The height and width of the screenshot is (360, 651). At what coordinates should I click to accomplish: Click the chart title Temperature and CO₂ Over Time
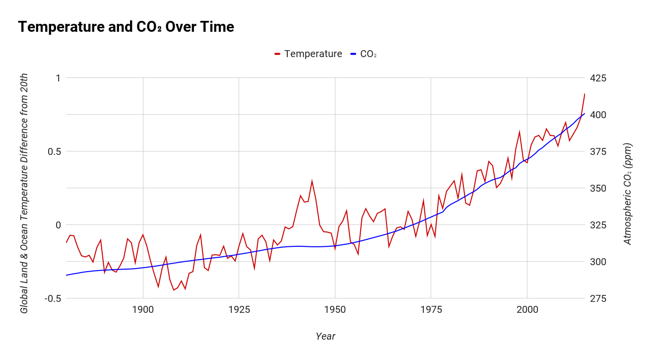pyautogui.click(x=126, y=27)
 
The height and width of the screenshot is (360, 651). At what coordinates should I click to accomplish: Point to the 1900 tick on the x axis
pyautogui.click(x=143, y=310)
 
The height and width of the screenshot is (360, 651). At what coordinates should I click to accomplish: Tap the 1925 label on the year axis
pyautogui.click(x=239, y=310)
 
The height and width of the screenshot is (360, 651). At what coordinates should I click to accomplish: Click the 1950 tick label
pyautogui.click(x=335, y=310)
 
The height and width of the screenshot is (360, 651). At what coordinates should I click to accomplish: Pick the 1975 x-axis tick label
pyautogui.click(x=431, y=310)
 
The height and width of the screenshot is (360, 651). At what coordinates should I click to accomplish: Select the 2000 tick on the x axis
pyautogui.click(x=527, y=310)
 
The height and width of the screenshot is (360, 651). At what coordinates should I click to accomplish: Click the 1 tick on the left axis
pyautogui.click(x=58, y=78)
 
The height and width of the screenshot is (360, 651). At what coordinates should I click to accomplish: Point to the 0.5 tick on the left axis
pyautogui.click(x=53, y=151)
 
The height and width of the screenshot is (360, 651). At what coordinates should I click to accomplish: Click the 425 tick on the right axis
pyautogui.click(x=598, y=78)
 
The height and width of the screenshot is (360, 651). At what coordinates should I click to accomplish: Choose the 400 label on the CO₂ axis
pyautogui.click(x=598, y=115)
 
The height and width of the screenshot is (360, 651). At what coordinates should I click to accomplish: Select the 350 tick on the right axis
pyautogui.click(x=598, y=188)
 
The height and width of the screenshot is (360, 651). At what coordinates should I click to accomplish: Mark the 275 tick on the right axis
pyautogui.click(x=598, y=298)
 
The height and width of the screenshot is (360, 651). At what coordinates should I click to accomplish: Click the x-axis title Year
pyautogui.click(x=325, y=337)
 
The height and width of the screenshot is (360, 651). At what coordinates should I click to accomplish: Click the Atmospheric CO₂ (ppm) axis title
pyautogui.click(x=628, y=194)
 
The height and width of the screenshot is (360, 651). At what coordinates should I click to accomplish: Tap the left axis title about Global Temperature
pyautogui.click(x=24, y=194)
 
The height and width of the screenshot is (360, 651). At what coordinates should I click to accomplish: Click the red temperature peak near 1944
pyautogui.click(x=312, y=181)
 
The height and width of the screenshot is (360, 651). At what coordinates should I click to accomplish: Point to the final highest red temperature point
pyautogui.click(x=585, y=93)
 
